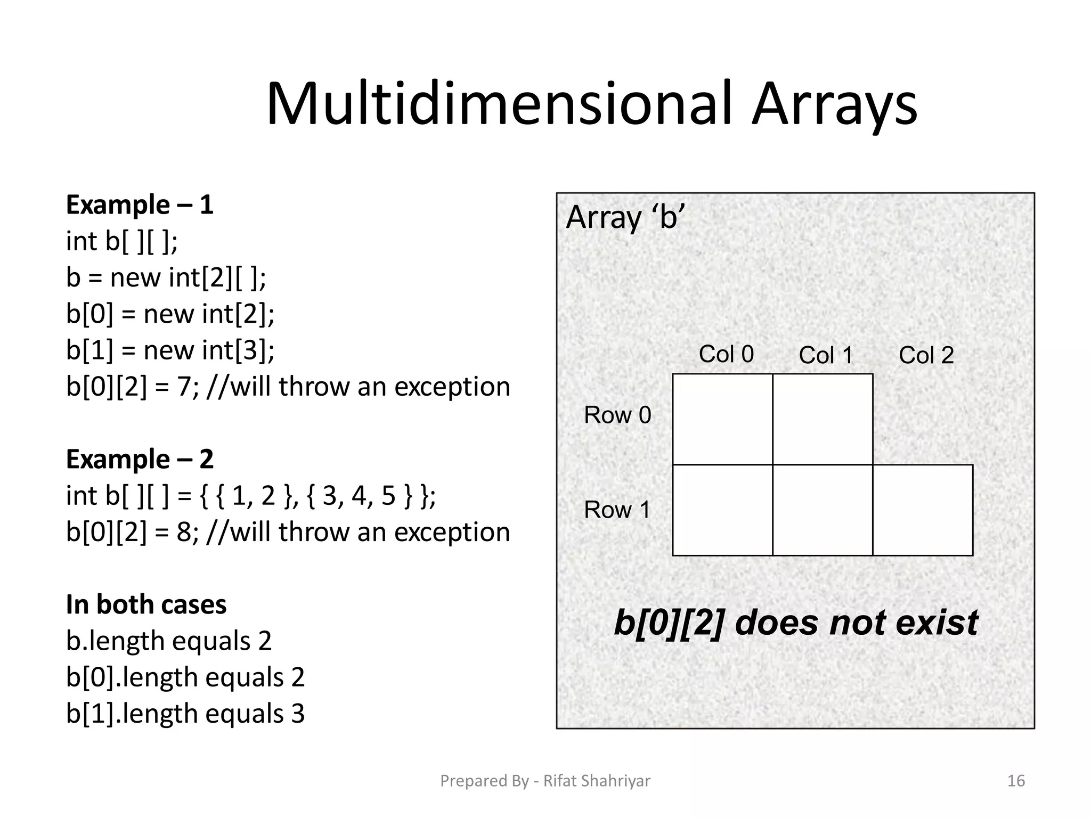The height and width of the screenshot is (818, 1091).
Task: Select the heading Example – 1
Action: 140,205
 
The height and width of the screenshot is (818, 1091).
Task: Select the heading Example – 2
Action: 140,459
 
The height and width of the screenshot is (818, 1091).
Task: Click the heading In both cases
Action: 146,604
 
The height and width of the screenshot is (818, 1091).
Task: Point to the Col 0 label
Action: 726,354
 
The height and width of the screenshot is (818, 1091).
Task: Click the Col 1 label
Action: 826,355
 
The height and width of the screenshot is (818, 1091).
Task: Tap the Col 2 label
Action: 926,355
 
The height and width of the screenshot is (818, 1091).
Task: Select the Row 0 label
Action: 617,415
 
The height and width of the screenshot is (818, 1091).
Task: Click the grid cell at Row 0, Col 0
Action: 722,419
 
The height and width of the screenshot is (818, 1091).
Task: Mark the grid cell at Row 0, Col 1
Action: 823,419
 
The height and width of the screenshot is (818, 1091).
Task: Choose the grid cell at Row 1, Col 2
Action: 923,510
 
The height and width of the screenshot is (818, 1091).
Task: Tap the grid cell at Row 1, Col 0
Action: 722,510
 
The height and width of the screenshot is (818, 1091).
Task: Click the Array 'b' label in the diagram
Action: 624,218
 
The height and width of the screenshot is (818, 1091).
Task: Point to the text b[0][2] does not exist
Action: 796,623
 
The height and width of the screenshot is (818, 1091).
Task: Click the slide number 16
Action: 1016,781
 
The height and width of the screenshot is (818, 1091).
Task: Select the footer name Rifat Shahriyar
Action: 597,781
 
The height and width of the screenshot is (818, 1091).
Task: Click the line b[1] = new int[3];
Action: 170,350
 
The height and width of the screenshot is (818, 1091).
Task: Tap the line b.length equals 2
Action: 169,641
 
